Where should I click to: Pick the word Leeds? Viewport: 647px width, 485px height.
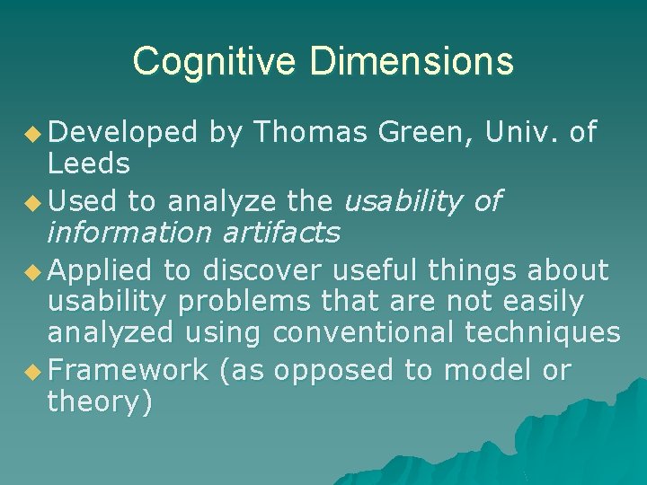coord(88,164)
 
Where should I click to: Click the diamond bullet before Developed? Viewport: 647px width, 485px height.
coord(34,135)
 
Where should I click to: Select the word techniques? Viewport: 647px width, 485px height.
coord(542,334)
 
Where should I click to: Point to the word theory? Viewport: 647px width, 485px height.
coord(94,403)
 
